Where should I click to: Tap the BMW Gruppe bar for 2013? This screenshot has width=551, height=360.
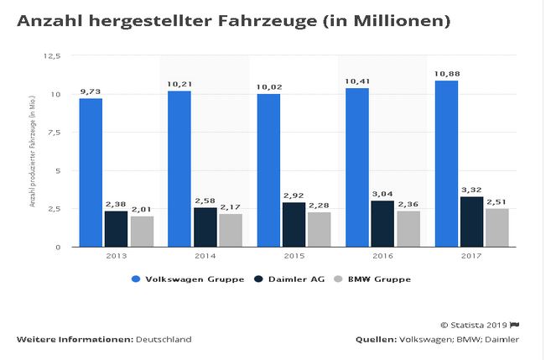pyautogui.click(x=142, y=232)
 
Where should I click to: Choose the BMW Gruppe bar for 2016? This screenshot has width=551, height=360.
pyautogui.click(x=408, y=228)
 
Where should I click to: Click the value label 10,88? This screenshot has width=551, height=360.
pyautogui.click(x=447, y=74)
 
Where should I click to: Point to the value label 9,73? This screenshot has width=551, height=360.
pyautogui.click(x=91, y=91)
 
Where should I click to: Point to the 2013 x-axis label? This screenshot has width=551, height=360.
pyautogui.click(x=116, y=256)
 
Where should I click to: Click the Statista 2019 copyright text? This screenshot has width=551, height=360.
pyautogui.click(x=474, y=324)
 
